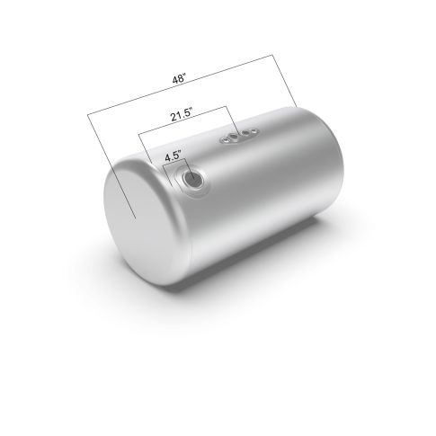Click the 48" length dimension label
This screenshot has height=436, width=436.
click(179, 79)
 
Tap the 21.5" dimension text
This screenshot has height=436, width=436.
click(182, 115)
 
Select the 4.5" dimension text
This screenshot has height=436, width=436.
click(174, 156)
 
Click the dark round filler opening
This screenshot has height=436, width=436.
click(193, 179)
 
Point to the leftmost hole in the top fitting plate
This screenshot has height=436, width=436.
click(224, 139)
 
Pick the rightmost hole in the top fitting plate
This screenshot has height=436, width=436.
click(254, 130)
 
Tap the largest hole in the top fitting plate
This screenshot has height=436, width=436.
click(234, 138)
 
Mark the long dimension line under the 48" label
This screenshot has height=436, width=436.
click(180, 85)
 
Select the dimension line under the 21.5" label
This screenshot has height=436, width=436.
click(182, 120)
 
